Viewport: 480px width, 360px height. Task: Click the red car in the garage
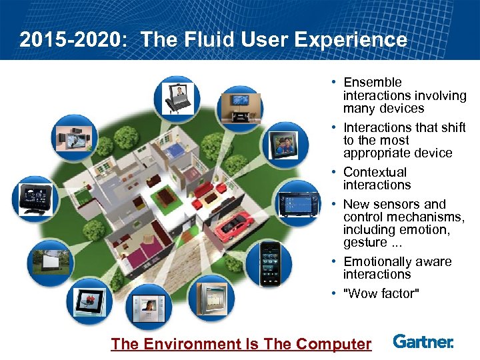point(233,223)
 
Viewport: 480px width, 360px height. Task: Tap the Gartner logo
point(423,342)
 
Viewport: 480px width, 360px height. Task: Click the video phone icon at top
point(177,97)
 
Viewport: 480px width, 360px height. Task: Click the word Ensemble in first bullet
point(373,83)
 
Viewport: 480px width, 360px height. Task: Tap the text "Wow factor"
point(381,293)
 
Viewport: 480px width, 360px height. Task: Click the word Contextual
point(375,172)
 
